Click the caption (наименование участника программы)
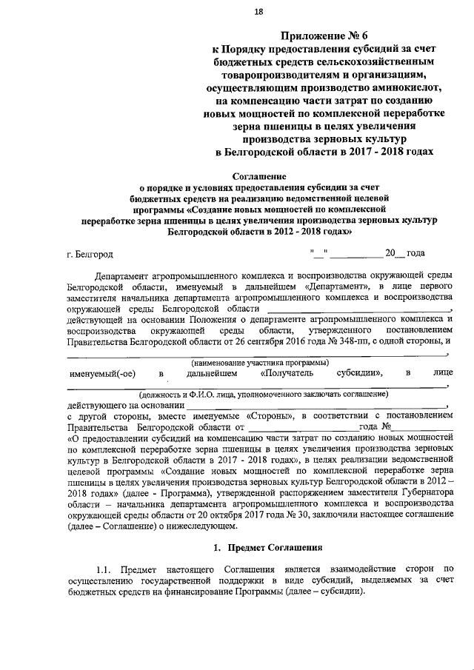pyautogui.click(x=259, y=362)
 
